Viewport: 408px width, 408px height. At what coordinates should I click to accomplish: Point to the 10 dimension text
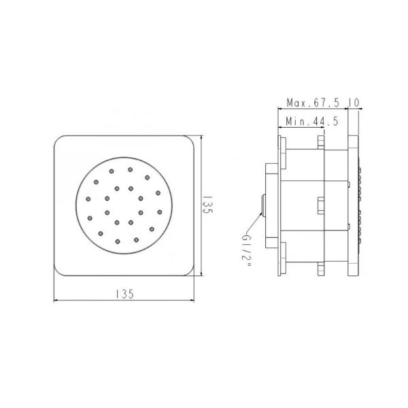(354, 103)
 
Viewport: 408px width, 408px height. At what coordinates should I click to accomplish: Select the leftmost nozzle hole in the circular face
(88, 199)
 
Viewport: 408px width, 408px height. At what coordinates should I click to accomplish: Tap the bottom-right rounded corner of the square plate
(197, 271)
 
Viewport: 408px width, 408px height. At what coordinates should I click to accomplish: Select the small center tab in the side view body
(320, 204)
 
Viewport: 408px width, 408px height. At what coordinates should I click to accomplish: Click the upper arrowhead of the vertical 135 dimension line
(203, 140)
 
